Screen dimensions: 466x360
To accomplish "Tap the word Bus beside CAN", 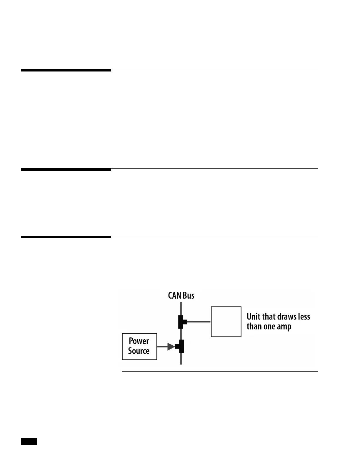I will pyautogui.click(x=188, y=295).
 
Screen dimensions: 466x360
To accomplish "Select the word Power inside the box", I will pyautogui.click(x=139, y=341).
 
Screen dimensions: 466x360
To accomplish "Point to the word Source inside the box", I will pyautogui.click(x=139, y=351).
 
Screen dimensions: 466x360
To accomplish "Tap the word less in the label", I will pyautogui.click(x=304, y=317).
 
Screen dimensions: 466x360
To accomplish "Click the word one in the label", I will pyautogui.click(x=270, y=327).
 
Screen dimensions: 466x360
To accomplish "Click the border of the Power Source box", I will pyautogui.click(x=122, y=347).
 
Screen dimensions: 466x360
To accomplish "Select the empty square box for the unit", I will pyautogui.click(x=226, y=322).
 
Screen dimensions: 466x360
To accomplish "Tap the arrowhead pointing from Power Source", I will pyautogui.click(x=171, y=347).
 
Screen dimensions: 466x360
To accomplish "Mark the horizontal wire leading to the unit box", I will pyautogui.click(x=199, y=322).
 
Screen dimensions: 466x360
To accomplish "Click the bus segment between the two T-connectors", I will pyautogui.click(x=181, y=334).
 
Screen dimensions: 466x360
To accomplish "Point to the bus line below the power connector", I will pyautogui.click(x=181, y=359).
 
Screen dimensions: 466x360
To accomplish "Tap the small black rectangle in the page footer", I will pyautogui.click(x=29, y=441).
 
